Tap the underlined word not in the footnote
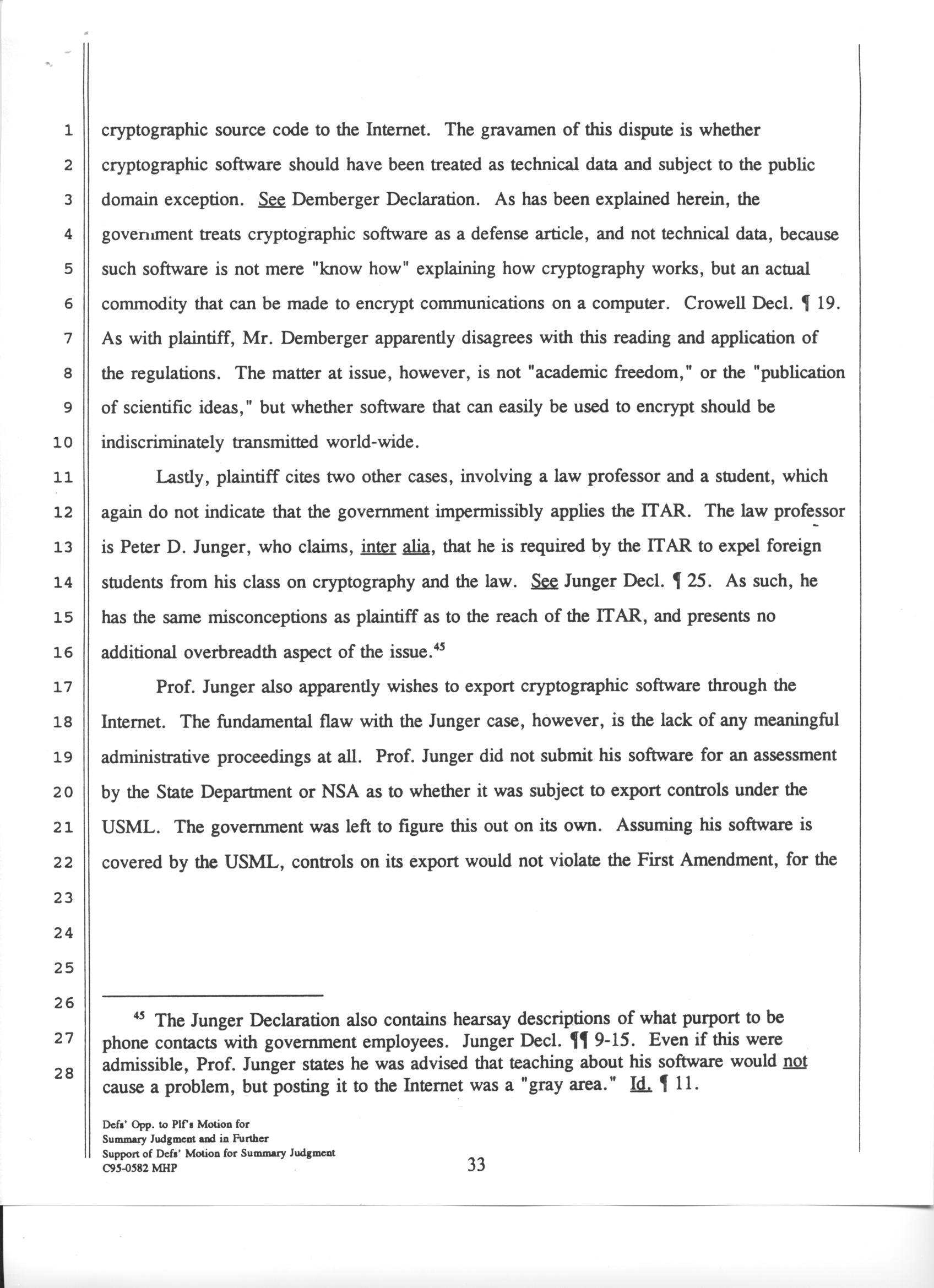pyautogui.click(x=794, y=1061)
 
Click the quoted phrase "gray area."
pyautogui.click(x=569, y=1085)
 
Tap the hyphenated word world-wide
pyautogui.click(x=372, y=442)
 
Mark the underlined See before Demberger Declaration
pyautogui.click(x=271, y=200)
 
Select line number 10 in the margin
pyautogui.click(x=63, y=443)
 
